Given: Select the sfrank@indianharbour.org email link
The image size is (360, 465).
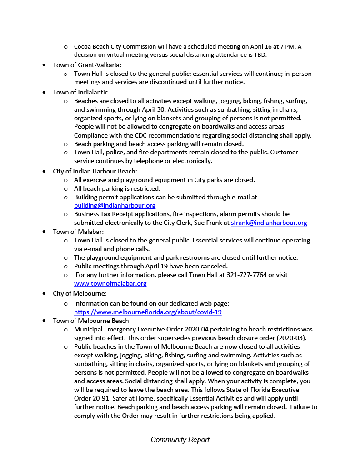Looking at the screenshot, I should click(x=269, y=223).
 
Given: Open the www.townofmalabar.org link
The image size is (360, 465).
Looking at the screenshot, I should click(x=110, y=283).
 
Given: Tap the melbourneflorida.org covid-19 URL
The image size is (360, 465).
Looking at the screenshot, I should click(x=148, y=312).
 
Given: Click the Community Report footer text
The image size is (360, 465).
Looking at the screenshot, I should click(x=180, y=440).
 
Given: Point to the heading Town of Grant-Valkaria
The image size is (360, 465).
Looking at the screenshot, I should click(x=87, y=65).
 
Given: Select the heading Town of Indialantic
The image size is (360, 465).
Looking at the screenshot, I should click(x=80, y=92).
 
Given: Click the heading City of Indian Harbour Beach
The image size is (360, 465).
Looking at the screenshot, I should click(x=95, y=171).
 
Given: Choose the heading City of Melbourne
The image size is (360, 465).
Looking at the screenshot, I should click(x=80, y=293).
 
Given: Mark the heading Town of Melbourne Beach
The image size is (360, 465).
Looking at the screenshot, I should click(x=90, y=321).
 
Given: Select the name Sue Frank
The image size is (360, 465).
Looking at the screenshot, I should click(x=214, y=223).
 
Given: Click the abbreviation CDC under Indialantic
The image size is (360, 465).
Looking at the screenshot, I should click(x=135, y=135).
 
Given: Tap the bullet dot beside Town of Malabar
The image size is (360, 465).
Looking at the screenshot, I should click(x=44, y=232).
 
